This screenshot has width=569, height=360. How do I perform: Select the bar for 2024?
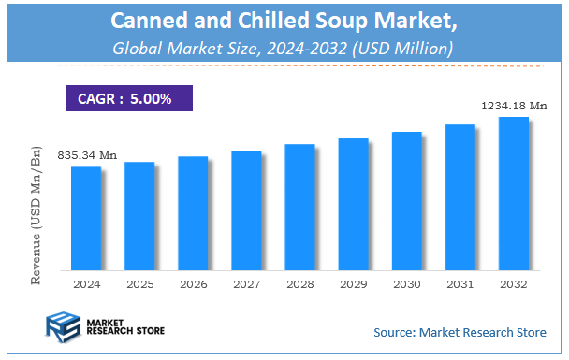coord(86,218)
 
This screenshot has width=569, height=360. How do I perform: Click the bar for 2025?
coord(139,215)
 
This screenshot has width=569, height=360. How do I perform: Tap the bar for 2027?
coord(246,209)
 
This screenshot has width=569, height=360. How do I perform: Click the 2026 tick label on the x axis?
coord(193,283)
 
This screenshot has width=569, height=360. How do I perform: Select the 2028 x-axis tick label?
coord(299,283)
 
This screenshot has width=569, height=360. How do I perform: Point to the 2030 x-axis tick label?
coord(406,283)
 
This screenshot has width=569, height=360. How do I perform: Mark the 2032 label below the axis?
coord(513,283)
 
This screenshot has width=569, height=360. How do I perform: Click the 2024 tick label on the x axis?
coord(86,283)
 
